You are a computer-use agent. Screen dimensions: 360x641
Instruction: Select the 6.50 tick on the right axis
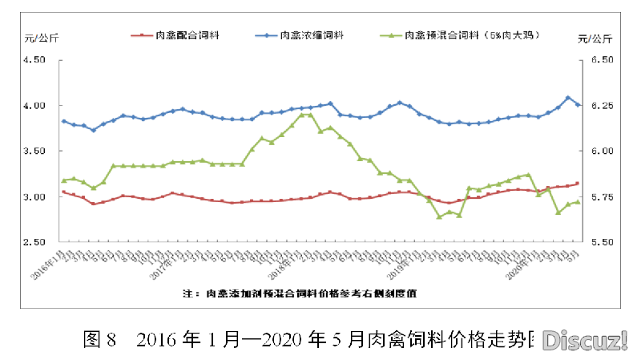(x=599, y=60)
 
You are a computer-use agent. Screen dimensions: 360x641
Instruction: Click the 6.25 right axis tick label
(x=599, y=106)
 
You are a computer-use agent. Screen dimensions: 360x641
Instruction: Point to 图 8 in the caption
(x=100, y=341)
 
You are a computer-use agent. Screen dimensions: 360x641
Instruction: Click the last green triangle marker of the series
(x=578, y=201)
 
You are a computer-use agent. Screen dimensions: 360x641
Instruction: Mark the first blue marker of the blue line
(x=64, y=121)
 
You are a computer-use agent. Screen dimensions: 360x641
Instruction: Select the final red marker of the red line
(x=578, y=184)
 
